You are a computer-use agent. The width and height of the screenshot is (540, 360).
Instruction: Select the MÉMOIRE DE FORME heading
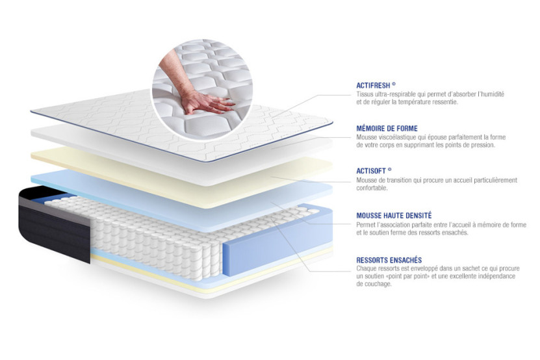(387, 129)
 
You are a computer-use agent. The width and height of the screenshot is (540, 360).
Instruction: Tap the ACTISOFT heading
(374, 172)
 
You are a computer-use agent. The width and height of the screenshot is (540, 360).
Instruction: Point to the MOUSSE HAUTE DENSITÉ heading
(394, 215)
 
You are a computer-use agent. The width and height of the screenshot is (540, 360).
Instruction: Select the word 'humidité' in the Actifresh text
(491, 94)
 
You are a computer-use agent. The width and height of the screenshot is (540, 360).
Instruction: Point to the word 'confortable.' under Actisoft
(372, 188)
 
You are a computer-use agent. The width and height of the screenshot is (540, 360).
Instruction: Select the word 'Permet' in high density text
(366, 224)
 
